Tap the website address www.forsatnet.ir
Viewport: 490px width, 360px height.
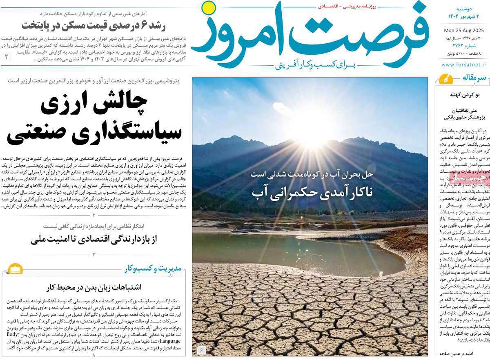pyautogui.click(x=464, y=64)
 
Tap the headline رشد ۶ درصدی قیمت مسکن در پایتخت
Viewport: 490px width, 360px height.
pyautogui.click(x=96, y=23)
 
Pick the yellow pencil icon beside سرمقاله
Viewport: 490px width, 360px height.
pyautogui.click(x=443, y=79)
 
